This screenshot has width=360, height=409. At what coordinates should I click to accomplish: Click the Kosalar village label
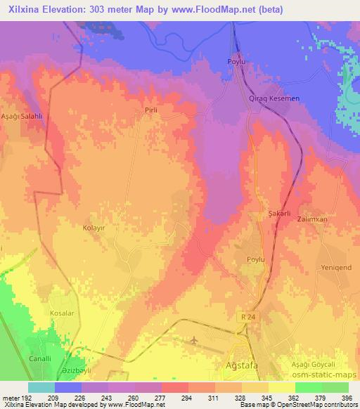[62, 311]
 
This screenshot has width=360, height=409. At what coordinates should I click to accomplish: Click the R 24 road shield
[243, 317]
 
